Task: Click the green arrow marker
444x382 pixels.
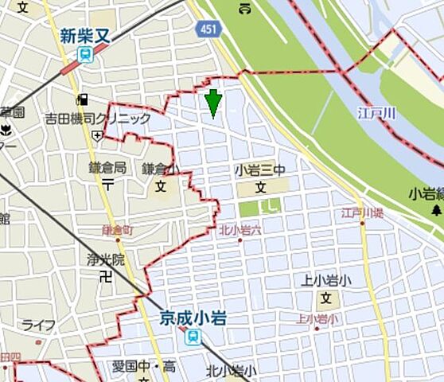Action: (x=212, y=103)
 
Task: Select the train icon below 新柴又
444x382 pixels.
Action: (x=83, y=53)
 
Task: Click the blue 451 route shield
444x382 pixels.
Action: (x=205, y=29)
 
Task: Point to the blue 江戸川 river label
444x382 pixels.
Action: (x=376, y=115)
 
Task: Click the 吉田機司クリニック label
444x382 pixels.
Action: (x=98, y=119)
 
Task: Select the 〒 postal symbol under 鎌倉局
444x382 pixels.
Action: (x=107, y=183)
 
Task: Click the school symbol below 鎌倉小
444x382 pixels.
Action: (x=160, y=188)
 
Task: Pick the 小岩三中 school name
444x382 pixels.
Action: (x=259, y=171)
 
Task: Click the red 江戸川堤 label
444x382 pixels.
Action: (x=362, y=213)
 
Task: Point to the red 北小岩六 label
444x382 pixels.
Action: (x=239, y=231)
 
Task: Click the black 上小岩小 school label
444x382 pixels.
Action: (x=325, y=280)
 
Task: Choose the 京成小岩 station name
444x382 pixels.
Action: (x=192, y=319)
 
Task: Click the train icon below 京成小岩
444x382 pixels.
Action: (x=192, y=337)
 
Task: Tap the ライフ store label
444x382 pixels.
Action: (x=38, y=325)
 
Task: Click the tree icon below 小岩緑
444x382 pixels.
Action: (x=436, y=210)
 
